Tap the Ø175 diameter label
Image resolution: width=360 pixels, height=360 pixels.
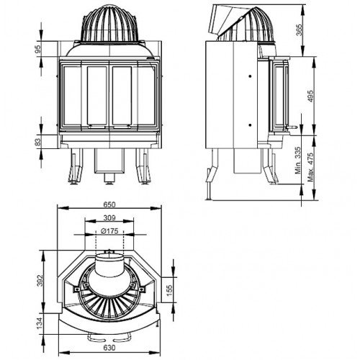coord(109,231)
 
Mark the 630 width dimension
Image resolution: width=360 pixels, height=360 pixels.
coord(108,350)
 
